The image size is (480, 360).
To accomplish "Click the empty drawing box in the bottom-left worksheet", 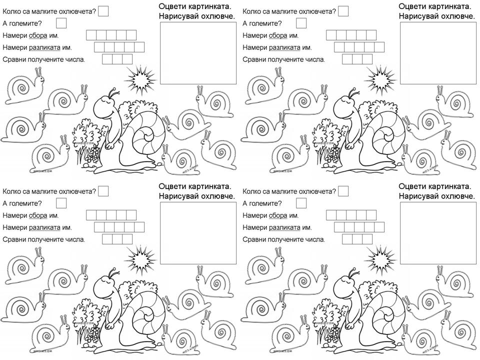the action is pos(198,233).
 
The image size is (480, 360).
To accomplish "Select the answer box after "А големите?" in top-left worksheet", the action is pos(61,23).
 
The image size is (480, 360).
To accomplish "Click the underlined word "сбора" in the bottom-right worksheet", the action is pos(278,215).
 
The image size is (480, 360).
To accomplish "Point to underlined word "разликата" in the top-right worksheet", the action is pos(284,48).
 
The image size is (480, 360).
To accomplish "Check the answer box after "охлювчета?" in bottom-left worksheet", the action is pos(103,191).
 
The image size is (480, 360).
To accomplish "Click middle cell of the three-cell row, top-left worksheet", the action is pos(117,59).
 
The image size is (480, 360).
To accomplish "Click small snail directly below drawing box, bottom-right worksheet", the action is pos(452,281).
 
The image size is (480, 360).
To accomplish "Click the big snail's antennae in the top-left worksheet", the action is pos(114,92).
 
